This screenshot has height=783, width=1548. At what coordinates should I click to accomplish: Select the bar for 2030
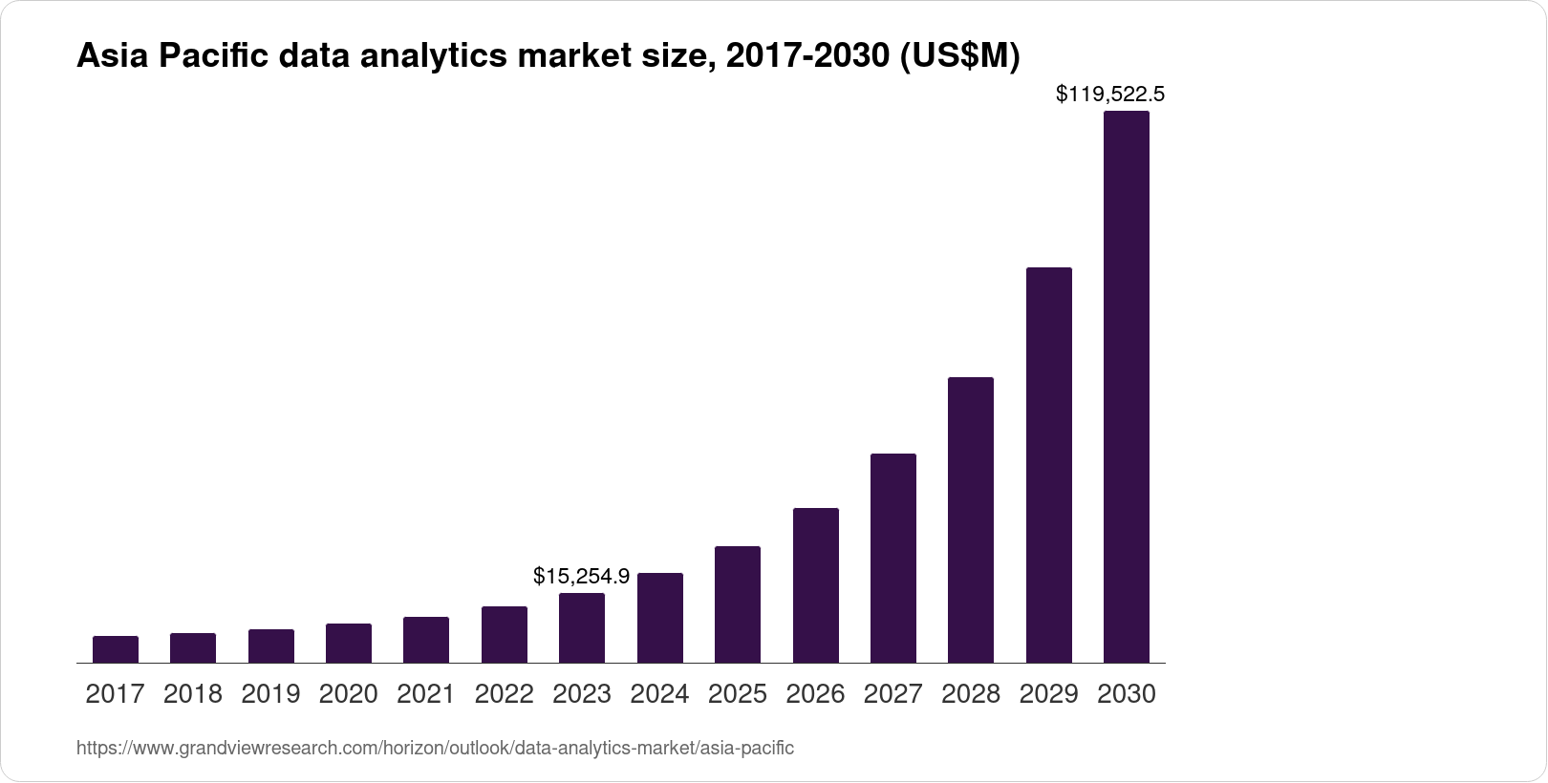tap(1127, 387)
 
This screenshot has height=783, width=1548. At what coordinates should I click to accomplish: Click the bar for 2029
tap(1048, 465)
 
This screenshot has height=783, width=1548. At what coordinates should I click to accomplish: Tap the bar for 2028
tap(971, 519)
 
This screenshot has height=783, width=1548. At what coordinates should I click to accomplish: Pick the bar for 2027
tap(893, 558)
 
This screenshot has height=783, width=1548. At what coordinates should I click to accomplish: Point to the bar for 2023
tap(582, 627)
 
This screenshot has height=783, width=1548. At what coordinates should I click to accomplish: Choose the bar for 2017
tap(116, 649)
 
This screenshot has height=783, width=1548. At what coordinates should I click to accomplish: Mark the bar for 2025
tap(738, 604)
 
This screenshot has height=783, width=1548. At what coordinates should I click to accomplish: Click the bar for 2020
tap(349, 643)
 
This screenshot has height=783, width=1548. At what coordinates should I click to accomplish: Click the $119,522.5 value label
tap(1109, 94)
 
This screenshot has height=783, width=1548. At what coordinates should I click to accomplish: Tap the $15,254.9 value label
tap(581, 576)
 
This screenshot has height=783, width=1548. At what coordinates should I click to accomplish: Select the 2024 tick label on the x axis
tap(659, 694)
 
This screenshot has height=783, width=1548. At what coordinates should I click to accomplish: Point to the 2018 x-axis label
tap(193, 694)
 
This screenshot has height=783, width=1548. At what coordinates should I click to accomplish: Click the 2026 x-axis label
tap(815, 694)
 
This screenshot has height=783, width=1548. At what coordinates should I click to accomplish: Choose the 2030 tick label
tap(1127, 694)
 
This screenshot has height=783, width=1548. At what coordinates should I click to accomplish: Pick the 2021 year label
tap(426, 694)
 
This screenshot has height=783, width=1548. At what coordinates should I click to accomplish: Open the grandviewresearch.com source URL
tap(435, 748)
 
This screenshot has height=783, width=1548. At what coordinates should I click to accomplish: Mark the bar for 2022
tap(505, 634)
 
